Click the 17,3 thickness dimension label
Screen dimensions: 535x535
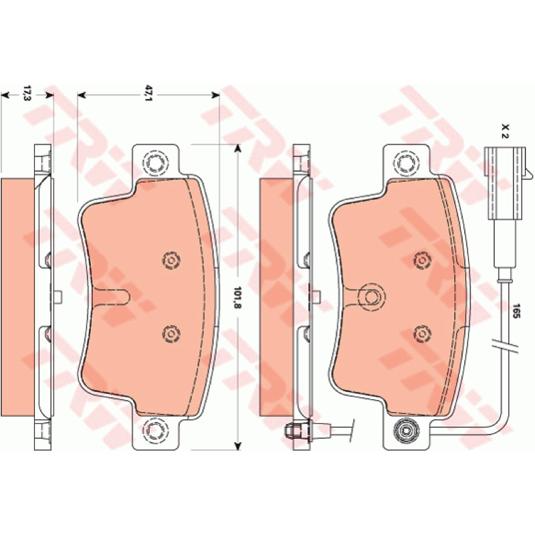tap(27, 93)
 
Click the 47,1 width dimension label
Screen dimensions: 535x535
tap(148, 93)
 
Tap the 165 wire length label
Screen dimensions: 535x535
tap(516, 311)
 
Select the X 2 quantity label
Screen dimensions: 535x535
tap(506, 131)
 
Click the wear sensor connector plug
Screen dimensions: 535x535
tap(505, 183)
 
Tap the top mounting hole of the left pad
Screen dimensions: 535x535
tap(156, 163)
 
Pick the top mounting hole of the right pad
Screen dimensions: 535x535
tap(406, 163)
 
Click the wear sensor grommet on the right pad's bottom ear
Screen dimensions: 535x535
tap(406, 431)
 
